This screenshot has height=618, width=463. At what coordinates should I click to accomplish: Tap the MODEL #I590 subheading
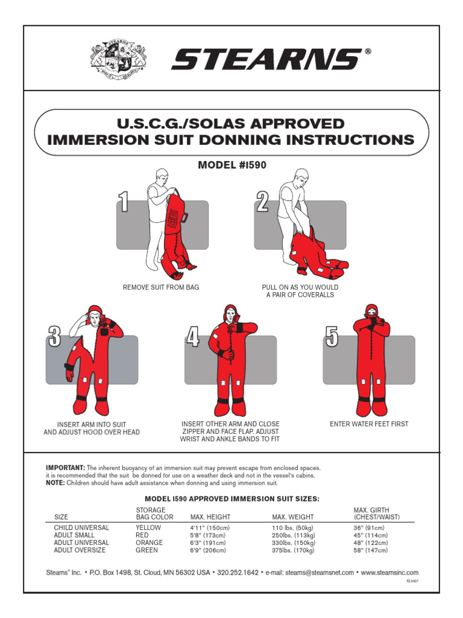pos(232,164)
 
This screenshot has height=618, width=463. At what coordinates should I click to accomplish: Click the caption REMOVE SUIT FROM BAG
pos(161,287)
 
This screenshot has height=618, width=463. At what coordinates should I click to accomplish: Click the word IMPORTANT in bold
pos(66,468)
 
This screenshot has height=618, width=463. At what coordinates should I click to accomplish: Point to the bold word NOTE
pos(55,483)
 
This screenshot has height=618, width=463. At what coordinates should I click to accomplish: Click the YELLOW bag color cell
pos(148,527)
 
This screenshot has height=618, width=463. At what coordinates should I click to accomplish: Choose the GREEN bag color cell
pos(147,550)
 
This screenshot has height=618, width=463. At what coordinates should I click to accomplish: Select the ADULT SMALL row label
pos(74,535)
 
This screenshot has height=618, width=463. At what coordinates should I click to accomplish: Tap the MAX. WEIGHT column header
pos(293,517)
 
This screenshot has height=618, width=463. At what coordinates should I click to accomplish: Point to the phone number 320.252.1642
pos(238,573)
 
